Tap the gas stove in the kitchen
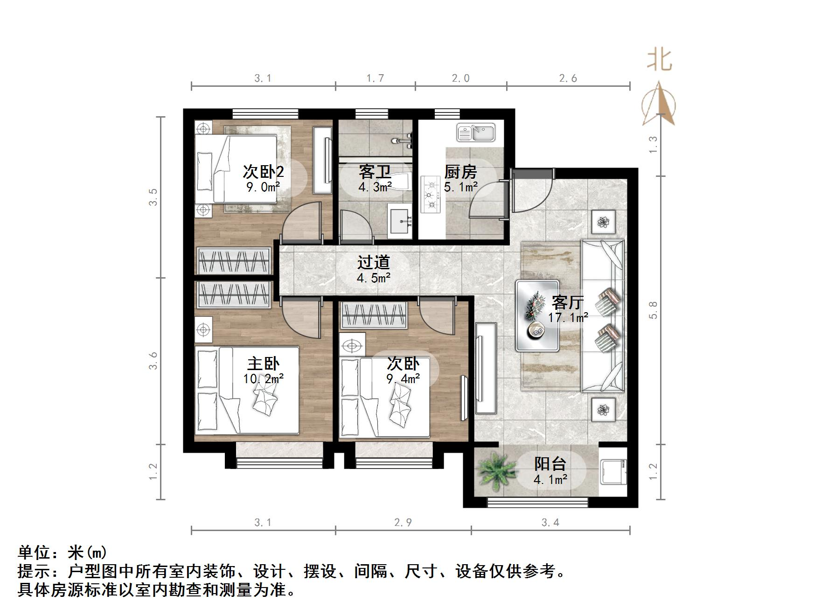click(x=431, y=194)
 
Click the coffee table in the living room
click(x=537, y=316)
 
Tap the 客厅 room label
click(x=567, y=302)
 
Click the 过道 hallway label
click(x=373, y=262)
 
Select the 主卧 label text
click(x=263, y=364)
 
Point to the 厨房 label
click(x=460, y=172)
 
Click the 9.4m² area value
click(x=403, y=378)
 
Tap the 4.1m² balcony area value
click(x=550, y=479)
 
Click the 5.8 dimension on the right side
click(x=653, y=310)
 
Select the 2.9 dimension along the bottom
click(x=403, y=522)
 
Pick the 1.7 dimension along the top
click(x=375, y=78)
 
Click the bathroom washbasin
click(x=401, y=222)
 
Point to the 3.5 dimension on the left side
click(x=153, y=197)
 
